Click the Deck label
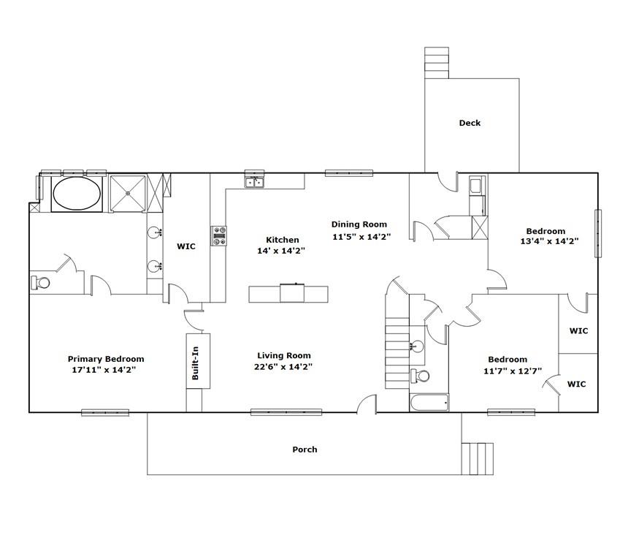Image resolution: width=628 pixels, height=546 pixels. (470, 123)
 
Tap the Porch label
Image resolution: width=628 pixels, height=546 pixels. (305, 450)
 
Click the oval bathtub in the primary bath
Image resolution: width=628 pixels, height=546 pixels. (77, 194)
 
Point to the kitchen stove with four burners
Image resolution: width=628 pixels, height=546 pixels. (219, 235)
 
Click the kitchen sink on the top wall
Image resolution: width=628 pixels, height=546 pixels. (254, 181)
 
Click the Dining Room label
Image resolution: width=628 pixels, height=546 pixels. (359, 225)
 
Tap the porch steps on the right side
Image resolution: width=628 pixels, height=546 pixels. (478, 458)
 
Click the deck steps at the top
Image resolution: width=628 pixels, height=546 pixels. (437, 63)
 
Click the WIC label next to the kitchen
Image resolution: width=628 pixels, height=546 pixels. (186, 247)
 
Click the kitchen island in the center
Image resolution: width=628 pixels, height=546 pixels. (288, 294)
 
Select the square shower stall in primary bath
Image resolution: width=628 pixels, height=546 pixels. (128, 193)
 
